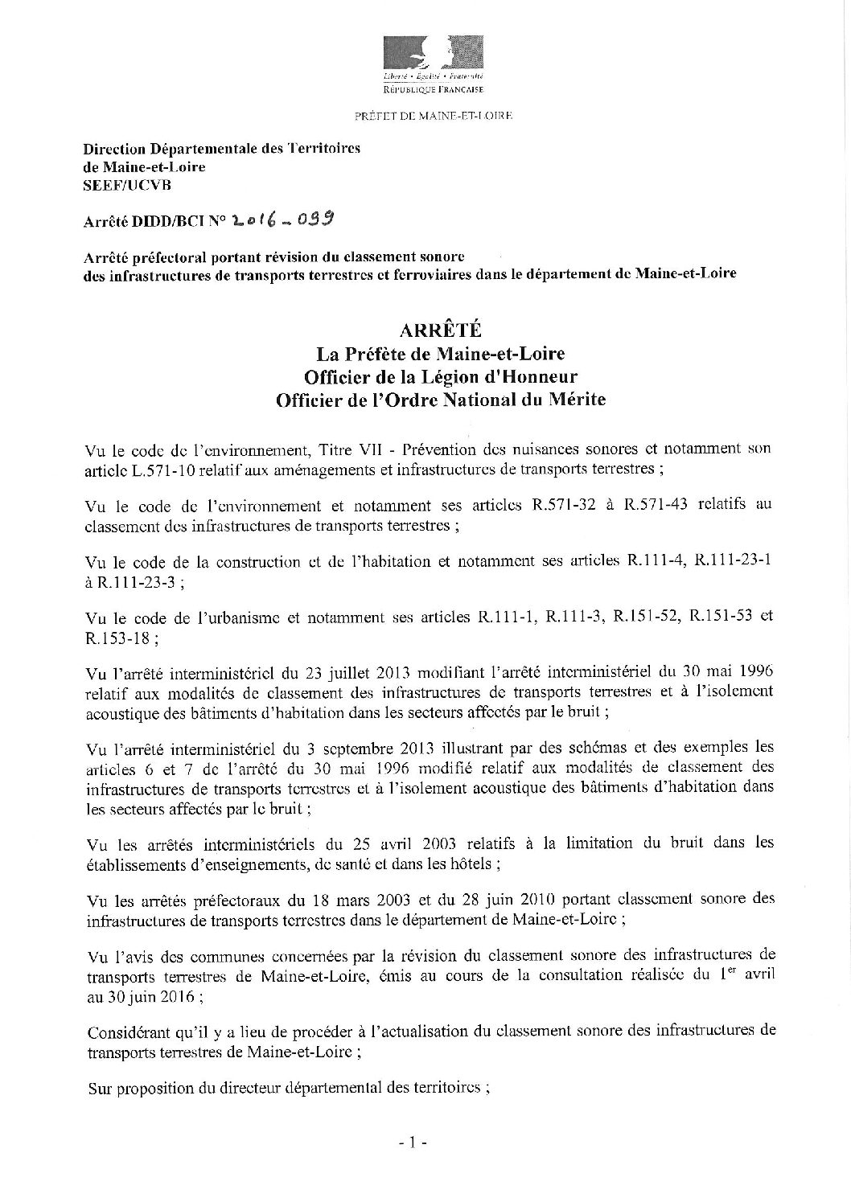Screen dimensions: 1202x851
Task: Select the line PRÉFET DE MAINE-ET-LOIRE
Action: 434,116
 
